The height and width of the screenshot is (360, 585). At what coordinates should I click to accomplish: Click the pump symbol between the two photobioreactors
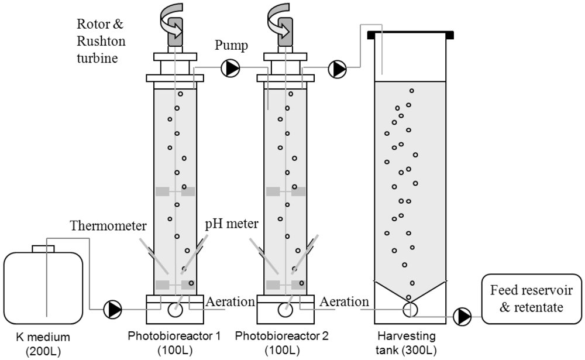[230, 68]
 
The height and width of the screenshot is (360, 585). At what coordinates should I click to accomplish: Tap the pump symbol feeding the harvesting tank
[337, 68]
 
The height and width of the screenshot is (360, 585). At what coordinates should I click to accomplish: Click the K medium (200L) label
[44, 344]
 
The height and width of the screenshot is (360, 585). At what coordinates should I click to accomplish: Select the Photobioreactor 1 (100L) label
[175, 344]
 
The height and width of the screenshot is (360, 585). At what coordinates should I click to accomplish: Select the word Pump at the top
[230, 45]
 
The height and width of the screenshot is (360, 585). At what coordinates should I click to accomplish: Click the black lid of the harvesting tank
[410, 35]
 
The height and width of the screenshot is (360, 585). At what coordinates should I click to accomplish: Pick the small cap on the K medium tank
[43, 248]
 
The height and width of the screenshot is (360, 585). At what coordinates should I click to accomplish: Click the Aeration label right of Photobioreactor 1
[230, 302]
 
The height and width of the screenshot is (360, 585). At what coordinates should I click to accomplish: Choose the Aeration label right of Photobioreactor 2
[345, 302]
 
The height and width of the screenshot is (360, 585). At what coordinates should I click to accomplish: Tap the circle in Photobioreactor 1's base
[175, 310]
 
